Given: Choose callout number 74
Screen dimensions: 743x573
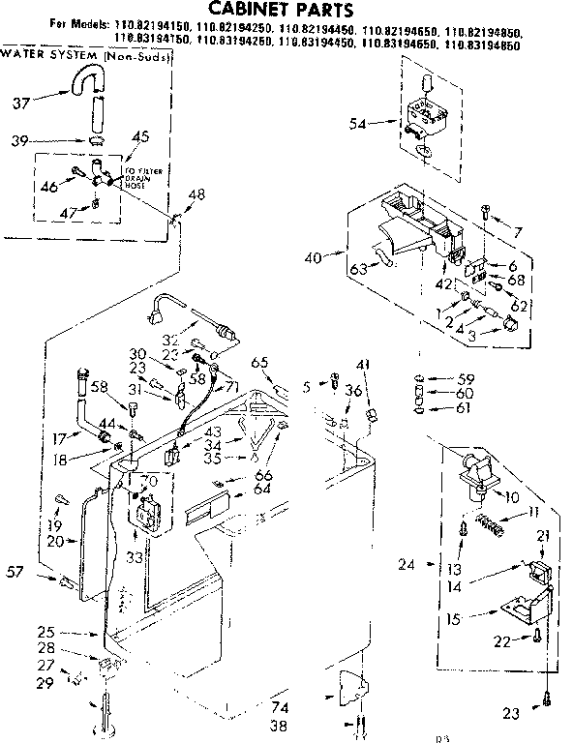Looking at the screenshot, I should click(x=280, y=707).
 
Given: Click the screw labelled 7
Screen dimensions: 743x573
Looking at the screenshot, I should click(x=485, y=210).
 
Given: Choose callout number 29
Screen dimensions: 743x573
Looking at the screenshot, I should click(x=45, y=683).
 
